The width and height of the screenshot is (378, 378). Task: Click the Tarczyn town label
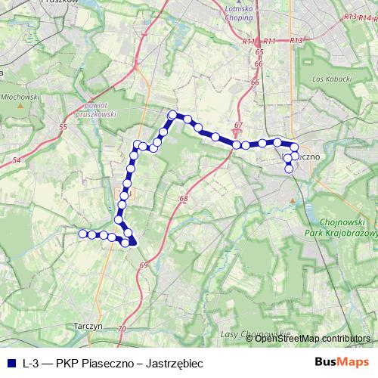[x=88, y=325]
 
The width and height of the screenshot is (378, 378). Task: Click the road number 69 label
[x=143, y=265]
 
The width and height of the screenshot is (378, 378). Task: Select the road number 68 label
[x=183, y=199]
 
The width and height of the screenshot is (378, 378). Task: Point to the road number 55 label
[x=63, y=126]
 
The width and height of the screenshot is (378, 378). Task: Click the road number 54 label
[x=16, y=160]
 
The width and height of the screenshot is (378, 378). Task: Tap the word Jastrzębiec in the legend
[x=176, y=364]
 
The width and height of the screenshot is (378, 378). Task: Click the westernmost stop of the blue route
[x=83, y=234]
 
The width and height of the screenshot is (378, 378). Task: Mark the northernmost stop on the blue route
[x=172, y=115]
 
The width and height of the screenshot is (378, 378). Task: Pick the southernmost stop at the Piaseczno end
[x=289, y=169]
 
